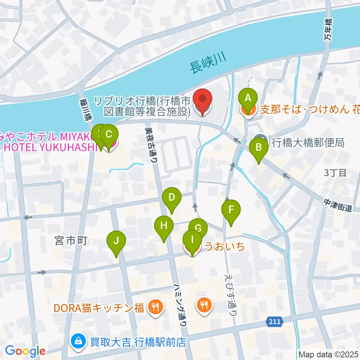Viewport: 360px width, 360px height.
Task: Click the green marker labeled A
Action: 247,99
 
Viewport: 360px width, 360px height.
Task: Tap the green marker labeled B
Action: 259,147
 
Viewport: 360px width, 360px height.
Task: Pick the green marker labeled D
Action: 171,197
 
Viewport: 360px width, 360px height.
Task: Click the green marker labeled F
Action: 231,210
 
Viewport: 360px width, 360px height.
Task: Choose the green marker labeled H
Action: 164,226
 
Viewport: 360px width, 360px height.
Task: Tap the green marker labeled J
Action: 116,241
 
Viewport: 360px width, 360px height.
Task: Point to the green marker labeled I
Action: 192,239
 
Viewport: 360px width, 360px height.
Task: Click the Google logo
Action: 25,351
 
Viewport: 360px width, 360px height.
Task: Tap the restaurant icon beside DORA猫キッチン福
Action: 154,307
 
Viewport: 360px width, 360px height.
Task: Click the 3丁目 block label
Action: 336,173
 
